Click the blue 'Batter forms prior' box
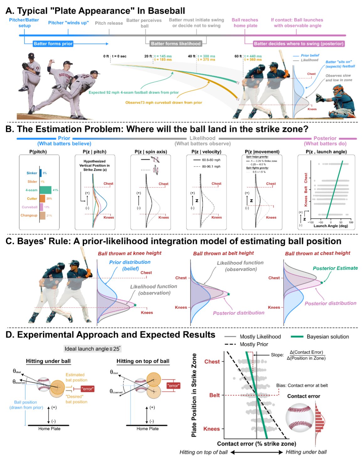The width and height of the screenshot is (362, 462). (x=53, y=44)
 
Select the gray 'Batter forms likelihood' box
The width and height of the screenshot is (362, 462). (x=176, y=44)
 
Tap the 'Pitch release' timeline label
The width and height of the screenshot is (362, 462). (x=109, y=23)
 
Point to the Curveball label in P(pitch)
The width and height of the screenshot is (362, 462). (x=29, y=207)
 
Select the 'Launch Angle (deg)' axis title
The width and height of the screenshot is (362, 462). (x=331, y=226)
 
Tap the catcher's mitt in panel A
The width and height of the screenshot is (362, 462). (x=320, y=98)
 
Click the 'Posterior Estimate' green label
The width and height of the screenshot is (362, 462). (x=335, y=268)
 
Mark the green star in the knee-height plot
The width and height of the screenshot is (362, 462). (x=135, y=305)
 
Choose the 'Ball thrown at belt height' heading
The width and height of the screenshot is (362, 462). (x=223, y=253)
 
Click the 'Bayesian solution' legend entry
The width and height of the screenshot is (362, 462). (x=327, y=337)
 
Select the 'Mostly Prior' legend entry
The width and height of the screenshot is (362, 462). (x=254, y=344)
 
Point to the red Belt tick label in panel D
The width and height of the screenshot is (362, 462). (x=215, y=395)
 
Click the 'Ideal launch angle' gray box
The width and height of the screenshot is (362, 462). (x=93, y=349)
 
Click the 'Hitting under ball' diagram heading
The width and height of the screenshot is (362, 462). (x=48, y=361)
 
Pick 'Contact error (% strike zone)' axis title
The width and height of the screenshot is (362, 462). (x=257, y=443)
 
